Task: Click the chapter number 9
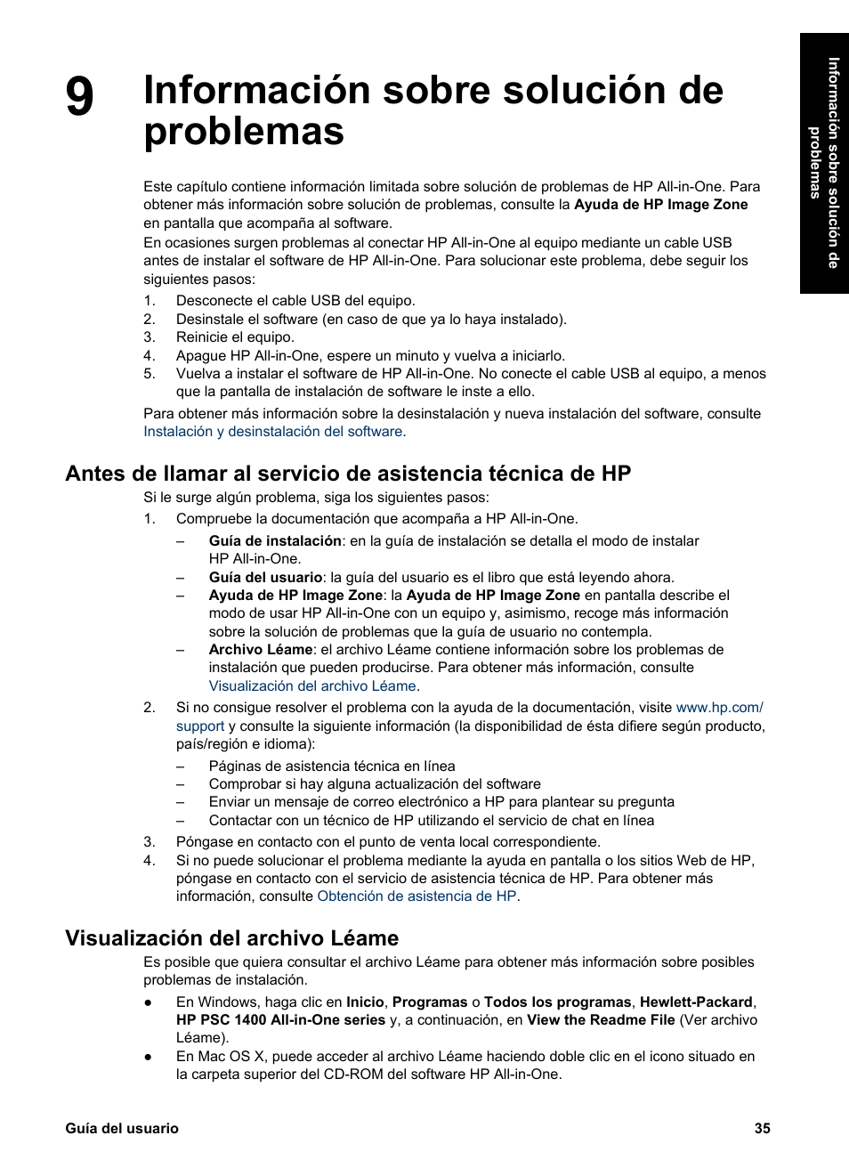click(x=79, y=97)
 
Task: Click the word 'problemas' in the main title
click(x=244, y=132)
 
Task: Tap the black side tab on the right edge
click(x=823, y=163)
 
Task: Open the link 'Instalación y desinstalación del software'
click(x=273, y=432)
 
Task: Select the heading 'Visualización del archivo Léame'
click(x=231, y=937)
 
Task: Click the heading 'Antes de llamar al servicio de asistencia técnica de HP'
click(x=348, y=474)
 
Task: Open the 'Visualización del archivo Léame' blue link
click(x=312, y=686)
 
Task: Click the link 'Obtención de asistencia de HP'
click(x=416, y=896)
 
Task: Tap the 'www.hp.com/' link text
click(x=719, y=708)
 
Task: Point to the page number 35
click(x=762, y=1128)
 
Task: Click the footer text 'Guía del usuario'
click(x=122, y=1128)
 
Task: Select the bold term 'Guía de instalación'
click(x=275, y=541)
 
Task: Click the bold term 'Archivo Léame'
click(x=261, y=650)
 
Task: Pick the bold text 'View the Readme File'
click(x=601, y=1020)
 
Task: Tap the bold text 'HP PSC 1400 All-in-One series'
click(x=280, y=1020)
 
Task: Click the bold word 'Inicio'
click(x=365, y=1002)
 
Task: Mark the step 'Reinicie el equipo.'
click(x=235, y=337)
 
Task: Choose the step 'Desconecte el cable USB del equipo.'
click(x=295, y=301)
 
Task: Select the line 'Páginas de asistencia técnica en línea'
click(x=332, y=766)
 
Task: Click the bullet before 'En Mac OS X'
click(x=149, y=1057)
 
